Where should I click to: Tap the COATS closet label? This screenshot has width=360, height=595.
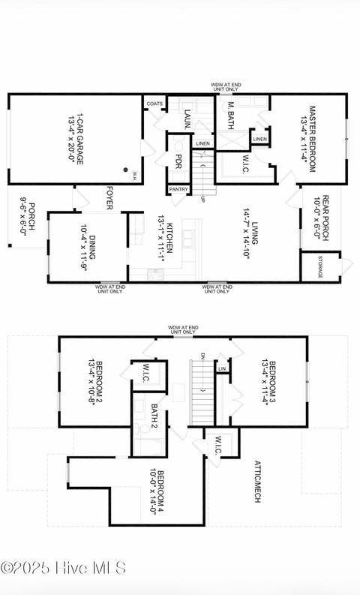154,104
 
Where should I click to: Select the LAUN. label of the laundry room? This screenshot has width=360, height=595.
187,119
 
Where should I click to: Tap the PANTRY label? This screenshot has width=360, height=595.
178,190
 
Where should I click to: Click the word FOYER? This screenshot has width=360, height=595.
109,198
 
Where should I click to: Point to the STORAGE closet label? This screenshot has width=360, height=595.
319,268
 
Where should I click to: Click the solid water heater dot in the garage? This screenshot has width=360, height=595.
126,170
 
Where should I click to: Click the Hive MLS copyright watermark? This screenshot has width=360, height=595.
63,568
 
